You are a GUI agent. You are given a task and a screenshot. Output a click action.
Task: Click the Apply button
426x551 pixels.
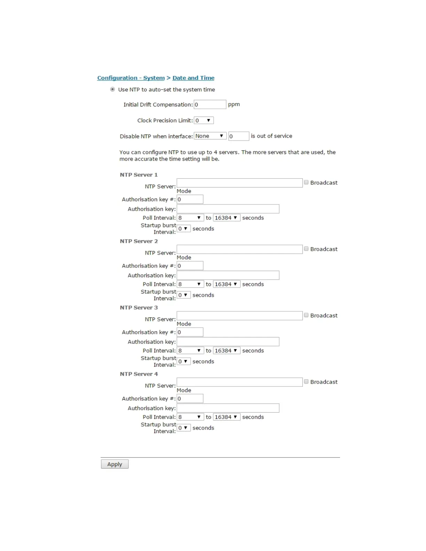tap(115, 464)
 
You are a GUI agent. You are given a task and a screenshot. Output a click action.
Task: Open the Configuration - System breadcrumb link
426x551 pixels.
tap(131, 78)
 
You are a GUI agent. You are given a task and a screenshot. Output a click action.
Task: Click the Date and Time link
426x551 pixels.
tap(193, 78)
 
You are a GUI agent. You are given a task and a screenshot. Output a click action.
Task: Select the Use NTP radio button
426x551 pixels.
tap(112, 89)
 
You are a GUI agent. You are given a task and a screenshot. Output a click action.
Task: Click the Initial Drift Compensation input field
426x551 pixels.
tap(210, 104)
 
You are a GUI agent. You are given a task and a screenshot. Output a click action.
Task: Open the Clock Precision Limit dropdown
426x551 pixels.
tap(204, 120)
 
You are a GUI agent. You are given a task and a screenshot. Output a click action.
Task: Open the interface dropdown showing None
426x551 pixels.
tap(210, 136)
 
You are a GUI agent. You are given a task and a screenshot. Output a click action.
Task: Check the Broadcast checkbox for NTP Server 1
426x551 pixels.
tap(306, 182)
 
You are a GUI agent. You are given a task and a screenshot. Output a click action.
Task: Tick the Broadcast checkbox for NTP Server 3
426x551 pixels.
tap(306, 315)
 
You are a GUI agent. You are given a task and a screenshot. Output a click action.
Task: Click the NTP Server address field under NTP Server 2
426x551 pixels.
tap(239, 249)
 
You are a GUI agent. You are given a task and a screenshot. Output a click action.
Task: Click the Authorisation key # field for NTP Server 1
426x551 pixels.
tap(190, 199)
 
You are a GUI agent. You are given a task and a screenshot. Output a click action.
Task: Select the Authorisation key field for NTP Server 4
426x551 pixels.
tap(228, 408)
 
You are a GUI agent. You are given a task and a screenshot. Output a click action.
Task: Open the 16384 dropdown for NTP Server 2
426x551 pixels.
tap(226, 284)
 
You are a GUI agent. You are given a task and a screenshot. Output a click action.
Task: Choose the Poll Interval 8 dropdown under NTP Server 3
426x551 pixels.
tap(190, 351)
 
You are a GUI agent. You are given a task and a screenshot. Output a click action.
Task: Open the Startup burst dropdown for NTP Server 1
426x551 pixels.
tap(183, 229)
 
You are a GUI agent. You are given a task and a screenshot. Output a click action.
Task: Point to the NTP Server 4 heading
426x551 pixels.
tap(139, 374)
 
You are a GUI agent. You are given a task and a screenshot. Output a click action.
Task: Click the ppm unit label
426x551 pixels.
tap(234, 104)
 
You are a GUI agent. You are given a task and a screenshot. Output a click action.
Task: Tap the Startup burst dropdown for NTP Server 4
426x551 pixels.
tap(183, 428)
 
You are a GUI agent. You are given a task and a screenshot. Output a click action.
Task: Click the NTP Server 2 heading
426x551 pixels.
tap(139, 241)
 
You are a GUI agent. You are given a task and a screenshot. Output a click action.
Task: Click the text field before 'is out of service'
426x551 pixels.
tap(239, 136)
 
